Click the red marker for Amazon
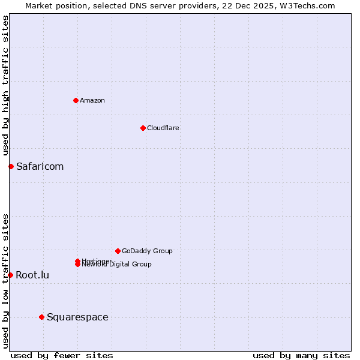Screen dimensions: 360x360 [76, 100]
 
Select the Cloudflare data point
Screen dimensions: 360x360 [143, 128]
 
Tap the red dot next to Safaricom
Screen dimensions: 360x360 [11, 166]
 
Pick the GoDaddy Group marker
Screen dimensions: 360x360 [118, 251]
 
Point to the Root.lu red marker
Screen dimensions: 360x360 [10, 275]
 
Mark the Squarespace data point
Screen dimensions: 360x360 [41, 317]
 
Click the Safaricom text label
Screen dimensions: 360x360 [40, 167]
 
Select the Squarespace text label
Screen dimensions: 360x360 [77, 317]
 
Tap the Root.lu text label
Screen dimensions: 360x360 [32, 275]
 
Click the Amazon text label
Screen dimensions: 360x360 [92, 101]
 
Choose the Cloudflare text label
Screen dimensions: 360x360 [163, 128]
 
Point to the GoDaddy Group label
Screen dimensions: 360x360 [147, 251]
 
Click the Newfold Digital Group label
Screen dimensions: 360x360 [118, 265]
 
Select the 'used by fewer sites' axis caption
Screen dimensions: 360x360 [62, 355]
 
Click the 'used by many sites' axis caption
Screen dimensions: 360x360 [301, 355]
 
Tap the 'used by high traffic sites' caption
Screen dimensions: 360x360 [5, 85]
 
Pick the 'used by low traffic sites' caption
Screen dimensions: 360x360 [5, 281]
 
